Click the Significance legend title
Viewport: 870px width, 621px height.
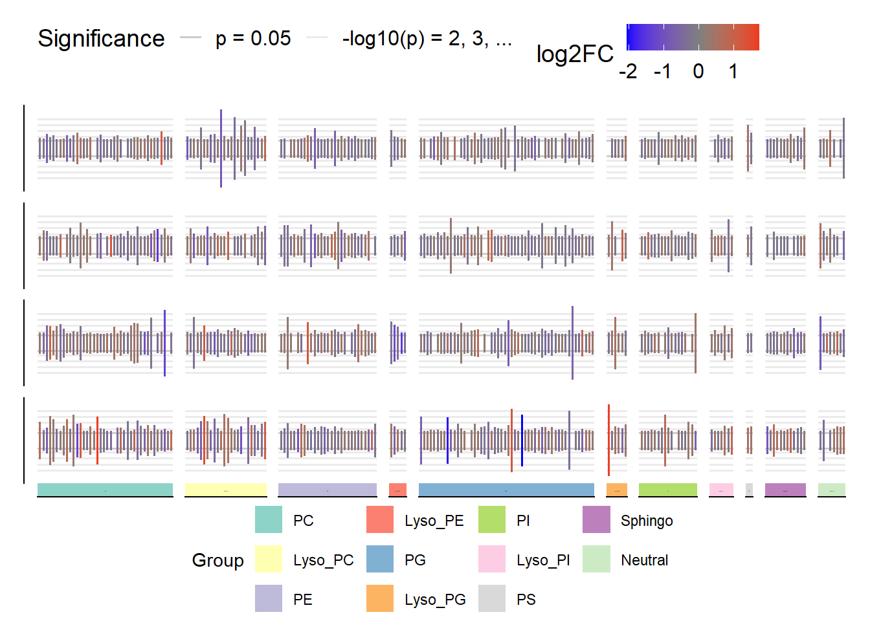point(101,39)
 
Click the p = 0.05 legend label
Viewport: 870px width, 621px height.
point(253,39)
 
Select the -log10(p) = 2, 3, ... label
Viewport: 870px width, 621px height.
point(427,39)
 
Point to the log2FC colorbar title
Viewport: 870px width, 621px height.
point(575,54)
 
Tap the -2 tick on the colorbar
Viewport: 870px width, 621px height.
point(628,71)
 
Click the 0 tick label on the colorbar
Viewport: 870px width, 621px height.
point(698,71)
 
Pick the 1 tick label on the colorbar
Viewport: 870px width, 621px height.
point(733,71)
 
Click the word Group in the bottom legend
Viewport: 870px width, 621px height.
point(217,560)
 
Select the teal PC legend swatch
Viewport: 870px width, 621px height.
point(269,520)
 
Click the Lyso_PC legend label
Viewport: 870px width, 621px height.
point(323,560)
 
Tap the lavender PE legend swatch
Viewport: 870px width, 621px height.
point(269,599)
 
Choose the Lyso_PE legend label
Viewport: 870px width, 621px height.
point(434,521)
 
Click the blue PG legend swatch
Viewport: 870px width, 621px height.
point(380,560)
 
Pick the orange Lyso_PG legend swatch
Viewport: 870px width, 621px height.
point(380,599)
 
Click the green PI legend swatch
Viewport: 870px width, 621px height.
point(492,520)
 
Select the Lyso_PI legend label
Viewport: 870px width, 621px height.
point(543,560)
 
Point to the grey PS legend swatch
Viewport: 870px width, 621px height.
point(492,599)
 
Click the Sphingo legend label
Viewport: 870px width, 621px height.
point(647,521)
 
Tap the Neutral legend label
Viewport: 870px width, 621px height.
point(644,560)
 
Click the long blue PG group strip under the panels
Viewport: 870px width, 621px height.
point(506,490)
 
